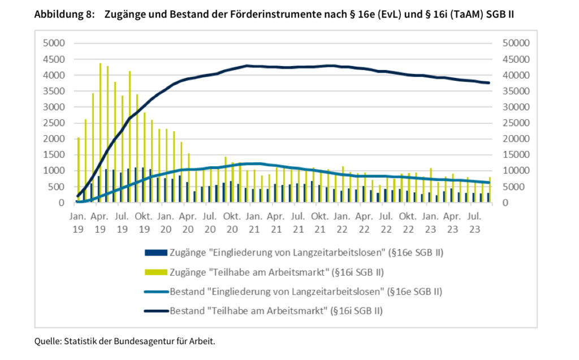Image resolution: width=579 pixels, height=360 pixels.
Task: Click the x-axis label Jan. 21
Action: pos(253,220)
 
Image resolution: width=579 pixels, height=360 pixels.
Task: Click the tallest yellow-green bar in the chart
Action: pos(100,133)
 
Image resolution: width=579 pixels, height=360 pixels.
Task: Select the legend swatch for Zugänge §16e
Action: pos(155,253)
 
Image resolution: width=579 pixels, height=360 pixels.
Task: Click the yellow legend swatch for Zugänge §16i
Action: pos(155,272)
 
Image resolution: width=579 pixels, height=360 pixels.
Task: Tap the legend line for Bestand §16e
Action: pos(155,292)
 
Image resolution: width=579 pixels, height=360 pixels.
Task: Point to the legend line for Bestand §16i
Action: pos(155,311)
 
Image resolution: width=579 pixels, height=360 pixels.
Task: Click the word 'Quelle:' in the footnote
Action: pos(48,341)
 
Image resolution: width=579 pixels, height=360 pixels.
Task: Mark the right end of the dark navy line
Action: pos(489,83)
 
